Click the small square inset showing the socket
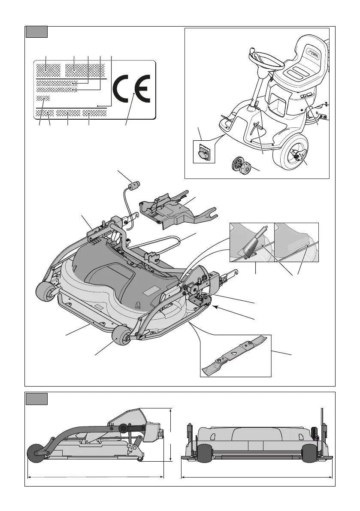tap(203, 152)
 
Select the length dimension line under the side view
tap(95, 476)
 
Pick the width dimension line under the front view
tap(257, 476)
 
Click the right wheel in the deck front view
tap(310, 452)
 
